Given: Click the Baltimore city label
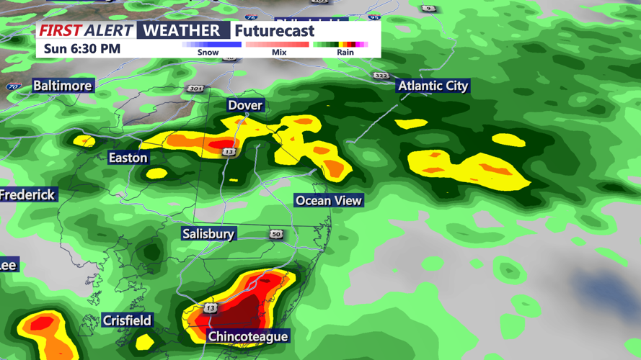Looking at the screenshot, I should [63, 86].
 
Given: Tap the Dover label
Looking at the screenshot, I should [245, 105].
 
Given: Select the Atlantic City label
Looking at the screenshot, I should [433, 86].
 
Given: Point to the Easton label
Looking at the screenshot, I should [128, 158].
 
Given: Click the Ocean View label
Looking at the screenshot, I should [329, 200].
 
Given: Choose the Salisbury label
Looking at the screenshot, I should [208, 234].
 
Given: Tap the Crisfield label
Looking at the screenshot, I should [127, 320].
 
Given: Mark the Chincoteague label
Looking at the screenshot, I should [247, 336].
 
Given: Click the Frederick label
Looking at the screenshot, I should [27, 195].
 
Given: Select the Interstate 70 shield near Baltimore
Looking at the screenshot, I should [14, 86].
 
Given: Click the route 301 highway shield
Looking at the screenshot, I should [195, 89].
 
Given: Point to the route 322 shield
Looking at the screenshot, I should [381, 76].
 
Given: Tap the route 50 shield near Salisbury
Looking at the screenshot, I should [276, 235].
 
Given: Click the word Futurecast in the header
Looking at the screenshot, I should [275, 30].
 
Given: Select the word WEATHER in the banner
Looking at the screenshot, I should [182, 30].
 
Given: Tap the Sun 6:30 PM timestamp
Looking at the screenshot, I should [82, 49].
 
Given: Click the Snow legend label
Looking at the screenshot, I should [208, 53].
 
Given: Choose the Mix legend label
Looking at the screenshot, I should [279, 53].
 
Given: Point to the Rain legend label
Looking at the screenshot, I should [345, 53].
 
